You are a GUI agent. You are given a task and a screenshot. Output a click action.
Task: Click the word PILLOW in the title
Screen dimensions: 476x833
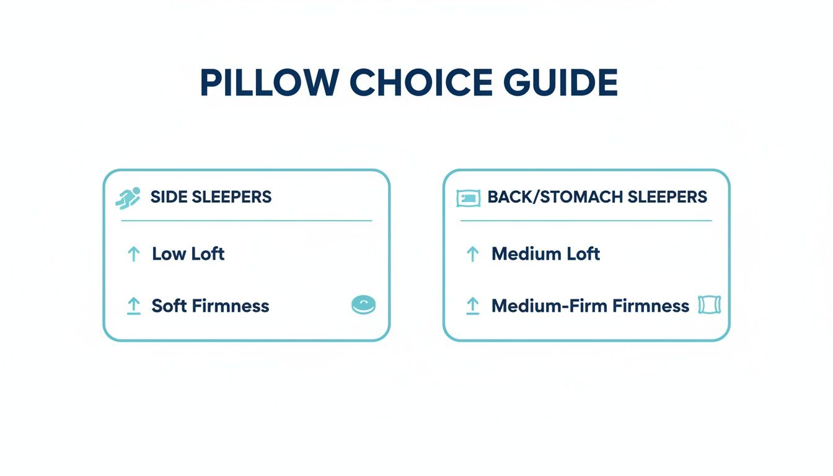click(270, 82)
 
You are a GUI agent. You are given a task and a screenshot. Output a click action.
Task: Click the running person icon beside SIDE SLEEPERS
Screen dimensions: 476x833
click(128, 198)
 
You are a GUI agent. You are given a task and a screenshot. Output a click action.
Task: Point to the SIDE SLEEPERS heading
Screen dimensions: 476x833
click(211, 197)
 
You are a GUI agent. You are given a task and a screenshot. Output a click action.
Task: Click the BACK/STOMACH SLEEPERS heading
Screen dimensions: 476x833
click(597, 197)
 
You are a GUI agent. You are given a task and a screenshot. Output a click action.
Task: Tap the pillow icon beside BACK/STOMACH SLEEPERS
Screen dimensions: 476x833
click(468, 198)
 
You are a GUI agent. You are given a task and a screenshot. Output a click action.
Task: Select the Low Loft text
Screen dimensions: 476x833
click(188, 253)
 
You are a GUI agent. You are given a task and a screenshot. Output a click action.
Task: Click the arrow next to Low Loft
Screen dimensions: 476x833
click(133, 253)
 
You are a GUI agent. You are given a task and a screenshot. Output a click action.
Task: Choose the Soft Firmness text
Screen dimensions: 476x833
click(210, 306)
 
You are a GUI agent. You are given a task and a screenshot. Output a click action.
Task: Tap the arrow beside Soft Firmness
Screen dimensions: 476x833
click(133, 306)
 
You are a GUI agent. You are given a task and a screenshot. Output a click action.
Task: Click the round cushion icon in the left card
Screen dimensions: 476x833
click(363, 304)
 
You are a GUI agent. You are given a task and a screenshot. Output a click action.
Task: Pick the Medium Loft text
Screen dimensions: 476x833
click(545, 253)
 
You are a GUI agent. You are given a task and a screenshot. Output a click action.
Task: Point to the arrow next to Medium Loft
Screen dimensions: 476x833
click(472, 253)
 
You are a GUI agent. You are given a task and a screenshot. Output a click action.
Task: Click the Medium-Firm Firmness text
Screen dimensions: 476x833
click(590, 306)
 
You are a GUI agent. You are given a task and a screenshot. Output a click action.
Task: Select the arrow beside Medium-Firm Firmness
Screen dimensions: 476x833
click(472, 306)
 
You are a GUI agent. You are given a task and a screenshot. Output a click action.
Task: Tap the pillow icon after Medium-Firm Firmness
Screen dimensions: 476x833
click(709, 304)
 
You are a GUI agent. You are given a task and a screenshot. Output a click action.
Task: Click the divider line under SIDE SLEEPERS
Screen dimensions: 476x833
click(247, 220)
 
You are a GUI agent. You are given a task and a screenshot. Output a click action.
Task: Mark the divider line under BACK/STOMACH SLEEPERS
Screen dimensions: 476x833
click(586, 220)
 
